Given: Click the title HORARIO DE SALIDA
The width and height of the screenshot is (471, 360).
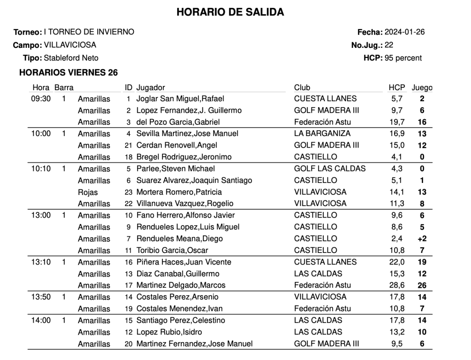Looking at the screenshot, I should (x=230, y=12).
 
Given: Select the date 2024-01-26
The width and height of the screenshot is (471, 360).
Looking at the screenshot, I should (x=404, y=32).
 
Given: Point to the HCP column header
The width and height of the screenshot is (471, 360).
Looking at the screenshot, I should (x=396, y=87).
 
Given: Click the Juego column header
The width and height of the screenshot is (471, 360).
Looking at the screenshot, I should (x=422, y=87).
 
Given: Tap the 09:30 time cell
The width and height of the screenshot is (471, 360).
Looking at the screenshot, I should (x=41, y=98).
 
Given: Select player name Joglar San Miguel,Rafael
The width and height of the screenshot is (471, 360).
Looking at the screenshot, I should (x=180, y=98).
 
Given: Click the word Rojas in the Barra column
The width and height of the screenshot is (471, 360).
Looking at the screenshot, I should (x=88, y=192).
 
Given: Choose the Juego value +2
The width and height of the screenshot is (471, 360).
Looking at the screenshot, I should (x=422, y=239).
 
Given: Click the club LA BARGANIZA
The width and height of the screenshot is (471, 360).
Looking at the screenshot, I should (x=322, y=133).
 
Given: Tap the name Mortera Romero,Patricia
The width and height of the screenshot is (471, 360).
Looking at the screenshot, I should (x=179, y=192).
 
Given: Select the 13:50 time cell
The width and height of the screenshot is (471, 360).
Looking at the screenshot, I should (x=41, y=297).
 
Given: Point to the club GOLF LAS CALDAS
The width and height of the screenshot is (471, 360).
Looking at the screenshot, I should (x=330, y=168).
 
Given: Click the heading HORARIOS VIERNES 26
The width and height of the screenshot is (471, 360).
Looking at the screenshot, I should (x=69, y=73).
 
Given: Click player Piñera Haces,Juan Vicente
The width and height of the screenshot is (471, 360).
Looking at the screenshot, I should (x=184, y=262).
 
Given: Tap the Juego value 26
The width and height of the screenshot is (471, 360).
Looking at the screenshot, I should (x=422, y=285).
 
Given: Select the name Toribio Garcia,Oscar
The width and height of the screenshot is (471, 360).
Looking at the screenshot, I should (x=172, y=251).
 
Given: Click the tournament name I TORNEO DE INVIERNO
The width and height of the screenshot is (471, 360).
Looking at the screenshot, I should (x=89, y=32).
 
